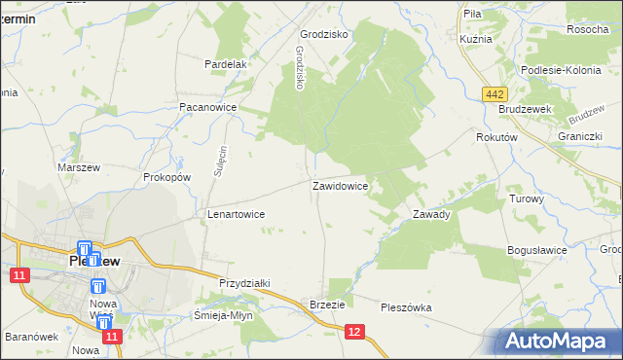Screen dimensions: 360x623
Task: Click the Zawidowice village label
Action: coord(340,185)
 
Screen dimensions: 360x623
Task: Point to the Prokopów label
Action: coord(166,177)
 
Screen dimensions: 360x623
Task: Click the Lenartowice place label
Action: coord(237,213)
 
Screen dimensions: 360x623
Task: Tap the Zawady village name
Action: coord(431,214)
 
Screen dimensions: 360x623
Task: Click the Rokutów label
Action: coord(495,138)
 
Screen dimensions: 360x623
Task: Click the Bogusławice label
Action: coord(537,250)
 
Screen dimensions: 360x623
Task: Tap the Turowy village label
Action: coord(527,198)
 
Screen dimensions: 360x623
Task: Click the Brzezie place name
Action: coord(327,304)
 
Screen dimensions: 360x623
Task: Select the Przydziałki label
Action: coord(244,282)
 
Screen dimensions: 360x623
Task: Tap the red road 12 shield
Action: coord(354,333)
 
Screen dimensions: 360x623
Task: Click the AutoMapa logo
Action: coord(559,341)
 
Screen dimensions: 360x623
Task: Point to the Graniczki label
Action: coord(577,136)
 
